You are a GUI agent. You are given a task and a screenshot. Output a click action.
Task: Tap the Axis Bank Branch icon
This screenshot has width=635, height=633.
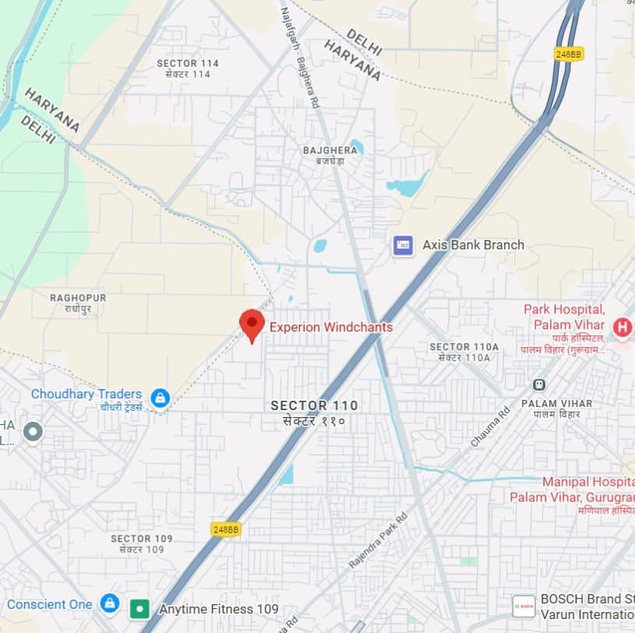point(403,245)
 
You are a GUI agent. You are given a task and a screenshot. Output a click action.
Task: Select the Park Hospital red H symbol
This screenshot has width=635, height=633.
point(622,327)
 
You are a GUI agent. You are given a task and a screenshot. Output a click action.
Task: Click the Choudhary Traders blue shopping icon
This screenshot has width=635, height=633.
point(161,399)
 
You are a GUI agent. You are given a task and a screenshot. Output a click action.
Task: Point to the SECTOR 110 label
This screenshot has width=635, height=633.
point(314,405)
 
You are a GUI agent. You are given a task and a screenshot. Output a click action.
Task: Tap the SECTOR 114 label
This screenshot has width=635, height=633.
point(187,63)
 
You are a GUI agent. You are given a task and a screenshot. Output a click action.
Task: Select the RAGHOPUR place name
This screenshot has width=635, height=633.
point(78,298)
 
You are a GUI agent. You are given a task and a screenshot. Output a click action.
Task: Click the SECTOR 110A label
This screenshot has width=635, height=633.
point(464,347)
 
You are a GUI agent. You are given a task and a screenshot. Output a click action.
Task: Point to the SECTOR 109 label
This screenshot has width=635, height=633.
point(141,539)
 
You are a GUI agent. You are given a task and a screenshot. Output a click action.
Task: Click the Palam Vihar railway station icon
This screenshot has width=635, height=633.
point(538,384)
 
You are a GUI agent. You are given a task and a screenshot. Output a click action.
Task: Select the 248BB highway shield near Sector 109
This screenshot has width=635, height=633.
point(226,529)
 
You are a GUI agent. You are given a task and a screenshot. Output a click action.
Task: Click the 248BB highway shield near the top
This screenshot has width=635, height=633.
point(569,54)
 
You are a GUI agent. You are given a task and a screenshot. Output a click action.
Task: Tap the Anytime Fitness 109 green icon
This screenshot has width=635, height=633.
point(139,608)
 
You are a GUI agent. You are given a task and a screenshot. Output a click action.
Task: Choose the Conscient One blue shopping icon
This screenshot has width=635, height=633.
point(110,603)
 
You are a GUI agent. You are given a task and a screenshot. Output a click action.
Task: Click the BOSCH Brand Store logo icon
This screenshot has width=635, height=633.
point(524,606)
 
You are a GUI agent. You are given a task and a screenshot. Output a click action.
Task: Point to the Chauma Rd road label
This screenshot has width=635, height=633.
point(489,426)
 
